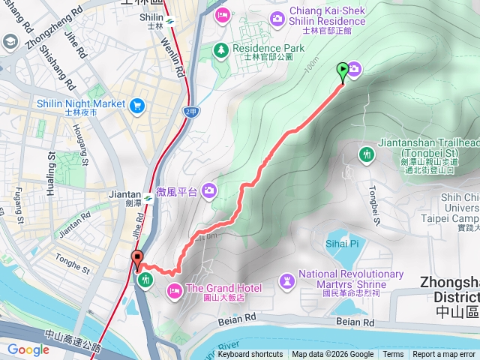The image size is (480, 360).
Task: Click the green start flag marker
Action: (x=343, y=73)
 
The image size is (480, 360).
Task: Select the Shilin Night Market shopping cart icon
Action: (x=136, y=106)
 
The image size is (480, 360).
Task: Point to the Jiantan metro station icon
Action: (x=149, y=199)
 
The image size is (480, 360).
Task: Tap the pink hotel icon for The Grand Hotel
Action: (x=174, y=289)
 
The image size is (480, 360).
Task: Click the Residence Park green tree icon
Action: (x=221, y=49)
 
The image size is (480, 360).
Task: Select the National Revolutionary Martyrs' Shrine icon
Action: (x=287, y=280)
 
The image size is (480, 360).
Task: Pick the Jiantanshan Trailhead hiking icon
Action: (x=367, y=154)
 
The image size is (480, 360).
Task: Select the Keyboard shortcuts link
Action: (x=251, y=355)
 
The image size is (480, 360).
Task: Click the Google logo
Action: (x=28, y=349)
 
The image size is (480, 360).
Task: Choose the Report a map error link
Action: (x=445, y=355)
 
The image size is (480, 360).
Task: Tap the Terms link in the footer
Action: (x=393, y=355)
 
